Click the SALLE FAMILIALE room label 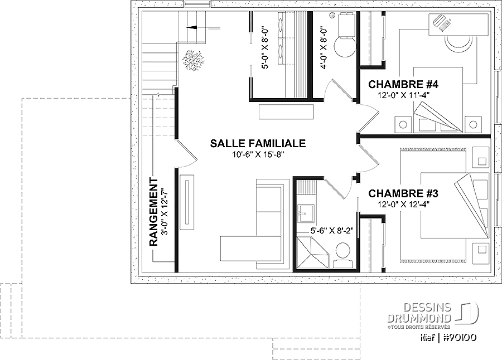click(258, 143)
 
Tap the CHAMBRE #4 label click(403, 85)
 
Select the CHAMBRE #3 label click(403, 193)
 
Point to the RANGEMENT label click(154, 212)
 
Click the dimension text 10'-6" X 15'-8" click(258, 155)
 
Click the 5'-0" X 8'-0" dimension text click(265, 48)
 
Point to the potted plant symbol click(193, 60)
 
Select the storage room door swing click(186, 154)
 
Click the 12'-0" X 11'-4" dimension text click(403, 95)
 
